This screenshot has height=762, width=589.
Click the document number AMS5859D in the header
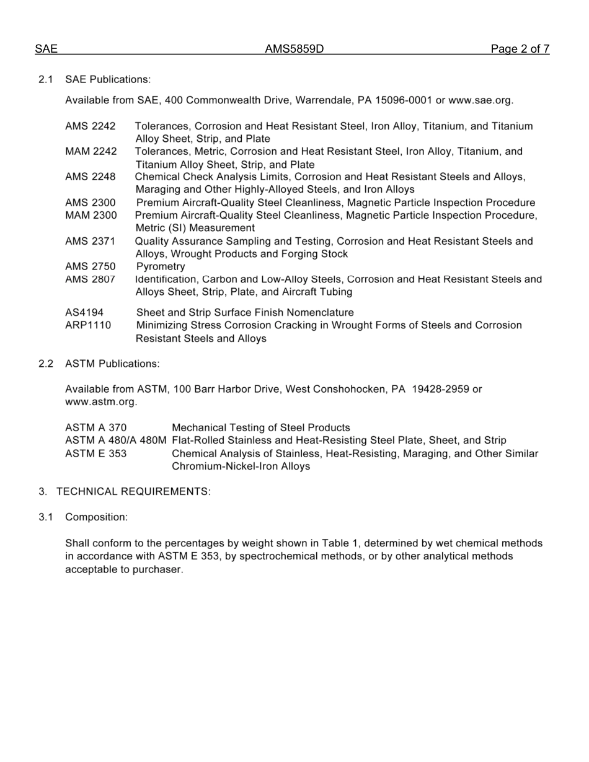point(294,49)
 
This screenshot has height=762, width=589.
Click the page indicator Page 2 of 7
point(520,49)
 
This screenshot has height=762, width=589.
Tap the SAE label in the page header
point(46,49)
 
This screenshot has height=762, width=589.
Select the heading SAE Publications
point(107,79)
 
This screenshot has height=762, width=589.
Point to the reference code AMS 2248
point(90,177)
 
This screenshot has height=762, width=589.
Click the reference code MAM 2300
point(91,215)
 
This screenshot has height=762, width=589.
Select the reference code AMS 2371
point(90,241)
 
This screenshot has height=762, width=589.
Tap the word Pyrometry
point(161,266)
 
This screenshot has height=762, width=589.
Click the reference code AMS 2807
point(90,279)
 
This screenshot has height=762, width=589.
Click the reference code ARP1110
point(88,325)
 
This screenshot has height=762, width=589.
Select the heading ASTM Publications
point(112,364)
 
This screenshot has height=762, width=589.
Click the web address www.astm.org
point(100,402)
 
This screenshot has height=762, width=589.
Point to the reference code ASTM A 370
point(95,427)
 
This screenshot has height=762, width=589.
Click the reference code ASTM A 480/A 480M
point(115,440)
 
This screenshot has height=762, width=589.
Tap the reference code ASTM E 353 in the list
point(95,453)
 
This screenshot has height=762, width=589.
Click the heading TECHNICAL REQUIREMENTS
point(133,492)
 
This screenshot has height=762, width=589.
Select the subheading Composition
point(96,517)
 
